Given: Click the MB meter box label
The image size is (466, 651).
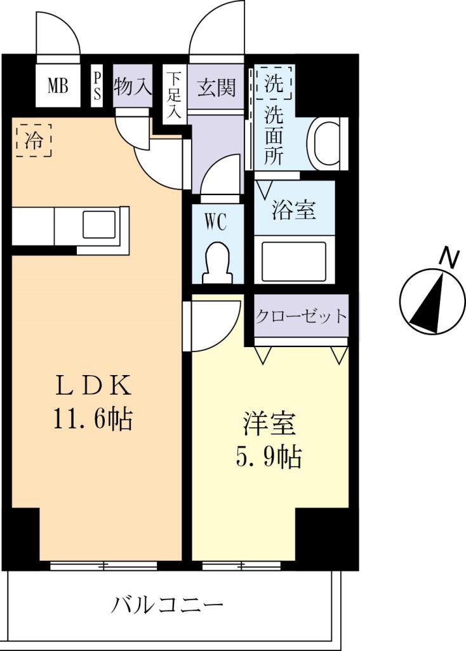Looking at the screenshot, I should (58, 86).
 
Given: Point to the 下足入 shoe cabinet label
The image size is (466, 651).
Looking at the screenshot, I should (174, 96).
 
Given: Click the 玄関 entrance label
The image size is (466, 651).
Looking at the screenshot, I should (216, 87).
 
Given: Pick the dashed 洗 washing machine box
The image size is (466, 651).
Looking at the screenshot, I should (274, 83).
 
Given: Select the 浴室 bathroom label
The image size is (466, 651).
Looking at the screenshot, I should (294, 210).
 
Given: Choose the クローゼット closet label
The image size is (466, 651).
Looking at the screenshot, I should (302, 315).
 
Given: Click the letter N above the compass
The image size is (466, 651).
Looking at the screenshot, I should (449, 257).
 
